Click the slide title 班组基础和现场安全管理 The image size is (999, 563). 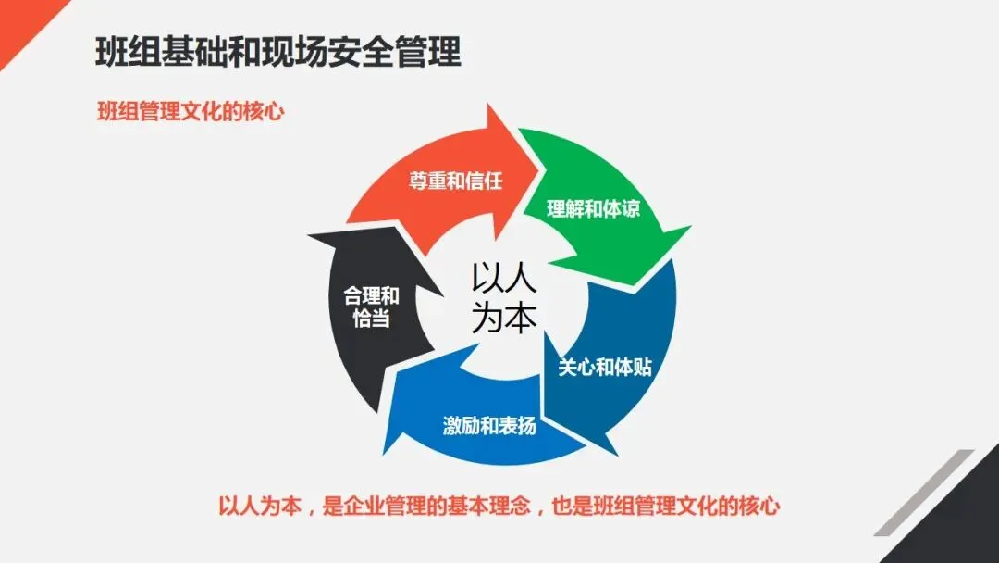pos(277,52)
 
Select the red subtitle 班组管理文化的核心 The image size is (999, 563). pos(190,111)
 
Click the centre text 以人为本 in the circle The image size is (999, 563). pos(503,297)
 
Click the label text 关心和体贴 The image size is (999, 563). pos(605,367)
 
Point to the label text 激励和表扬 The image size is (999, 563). pos(489,427)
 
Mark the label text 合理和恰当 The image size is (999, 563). pos(371,307)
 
